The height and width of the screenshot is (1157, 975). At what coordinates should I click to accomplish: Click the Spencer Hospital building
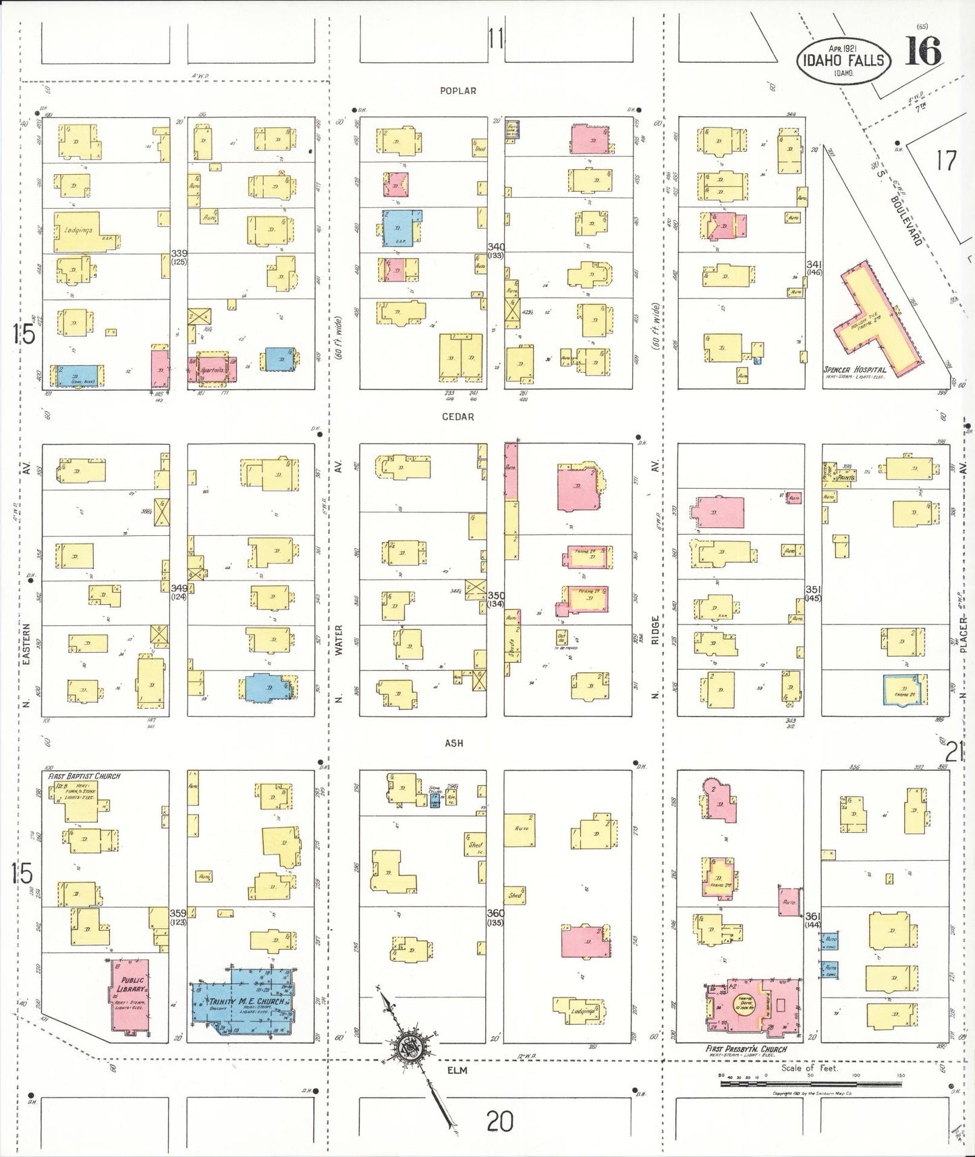click(x=874, y=317)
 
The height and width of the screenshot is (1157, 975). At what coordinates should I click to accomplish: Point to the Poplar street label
click(x=458, y=91)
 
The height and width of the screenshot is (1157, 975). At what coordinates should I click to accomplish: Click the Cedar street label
click(x=458, y=417)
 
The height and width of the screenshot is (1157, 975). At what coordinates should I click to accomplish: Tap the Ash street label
click(x=454, y=743)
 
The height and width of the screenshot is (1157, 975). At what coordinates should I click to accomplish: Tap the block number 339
click(x=179, y=253)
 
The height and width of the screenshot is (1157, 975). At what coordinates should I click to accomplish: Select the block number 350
click(x=496, y=595)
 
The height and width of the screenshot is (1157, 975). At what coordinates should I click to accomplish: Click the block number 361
click(x=812, y=916)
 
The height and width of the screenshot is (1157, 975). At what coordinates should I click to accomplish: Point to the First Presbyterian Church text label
click(x=746, y=1049)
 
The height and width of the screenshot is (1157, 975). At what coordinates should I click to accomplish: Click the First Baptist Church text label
click(x=84, y=776)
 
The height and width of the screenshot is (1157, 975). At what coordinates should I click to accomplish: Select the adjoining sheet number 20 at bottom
click(x=499, y=1122)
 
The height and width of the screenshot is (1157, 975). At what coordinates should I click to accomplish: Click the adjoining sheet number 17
click(x=946, y=161)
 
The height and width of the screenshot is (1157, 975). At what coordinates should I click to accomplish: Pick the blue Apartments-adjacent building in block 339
click(x=279, y=358)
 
